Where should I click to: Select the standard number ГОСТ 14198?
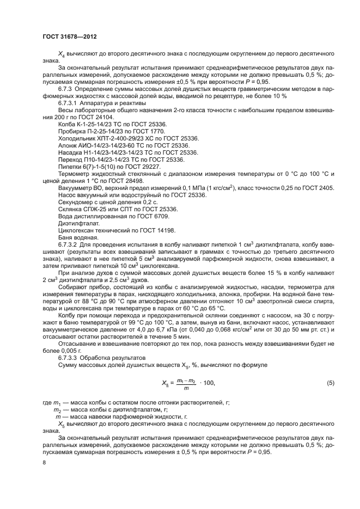(x=144, y=230)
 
